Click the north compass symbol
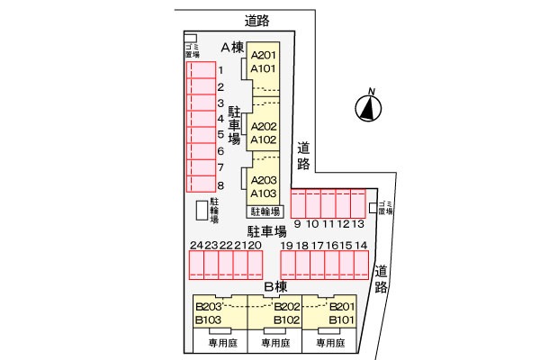pos(366,109)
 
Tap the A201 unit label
pos(264,55)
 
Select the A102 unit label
pos(264,140)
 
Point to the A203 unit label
pos(264,180)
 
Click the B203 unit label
pos(209,307)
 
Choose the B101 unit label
pos(341,319)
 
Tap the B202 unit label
pos(286,307)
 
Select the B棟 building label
pos(274,287)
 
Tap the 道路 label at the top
pos(257,19)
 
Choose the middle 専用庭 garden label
pos(274,343)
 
